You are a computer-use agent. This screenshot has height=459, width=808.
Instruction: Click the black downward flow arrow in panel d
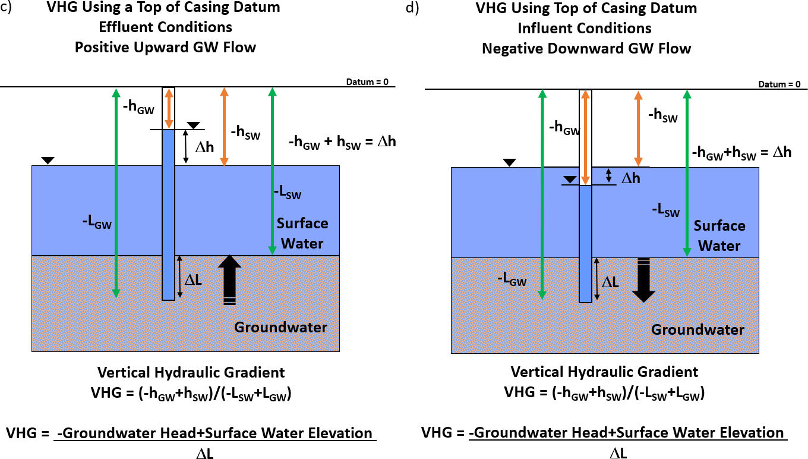[x=643, y=280]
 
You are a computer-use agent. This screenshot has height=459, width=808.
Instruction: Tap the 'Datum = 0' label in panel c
[x=367, y=81]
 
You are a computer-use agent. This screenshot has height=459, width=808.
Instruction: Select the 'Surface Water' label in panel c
[x=302, y=233]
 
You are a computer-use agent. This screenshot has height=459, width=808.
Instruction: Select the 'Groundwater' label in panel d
[x=697, y=329]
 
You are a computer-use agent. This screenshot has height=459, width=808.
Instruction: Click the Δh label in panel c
[x=204, y=146]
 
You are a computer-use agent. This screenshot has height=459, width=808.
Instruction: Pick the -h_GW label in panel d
[x=564, y=127]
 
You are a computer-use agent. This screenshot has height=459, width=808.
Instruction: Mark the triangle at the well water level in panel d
[x=570, y=180]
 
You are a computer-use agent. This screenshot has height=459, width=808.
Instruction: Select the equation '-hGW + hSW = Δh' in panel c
[x=342, y=142]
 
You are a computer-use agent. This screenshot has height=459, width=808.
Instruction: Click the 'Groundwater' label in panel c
[x=280, y=327]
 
